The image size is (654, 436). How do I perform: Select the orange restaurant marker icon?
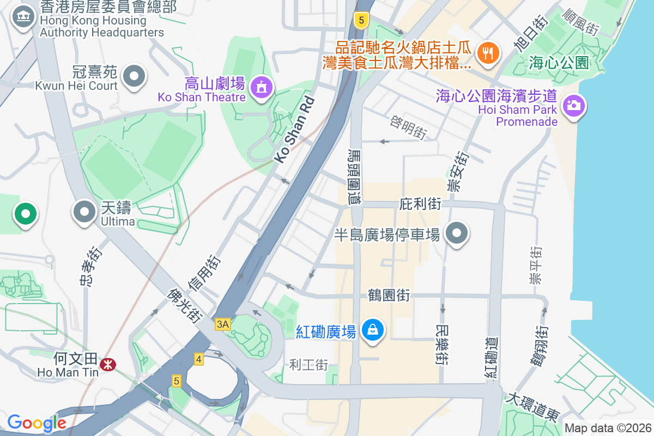pyautogui.click(x=486, y=53)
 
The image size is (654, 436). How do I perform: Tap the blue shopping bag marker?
pyautogui.click(x=372, y=330)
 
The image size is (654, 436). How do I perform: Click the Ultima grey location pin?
pyautogui.click(x=84, y=212)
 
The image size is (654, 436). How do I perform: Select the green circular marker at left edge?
pyautogui.click(x=25, y=213)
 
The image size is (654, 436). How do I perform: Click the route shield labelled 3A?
pyautogui.click(x=223, y=324)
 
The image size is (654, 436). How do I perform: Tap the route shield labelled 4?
pyautogui.click(x=198, y=359)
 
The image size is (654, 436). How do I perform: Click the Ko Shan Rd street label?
pyautogui.click(x=294, y=129)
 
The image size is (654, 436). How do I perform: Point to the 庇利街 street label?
pyautogui.click(x=420, y=204)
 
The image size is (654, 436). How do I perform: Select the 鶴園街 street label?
pyautogui.click(x=389, y=295)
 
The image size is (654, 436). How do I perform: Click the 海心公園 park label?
pyautogui.click(x=559, y=63)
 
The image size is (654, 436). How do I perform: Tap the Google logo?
pyautogui.click(x=37, y=423)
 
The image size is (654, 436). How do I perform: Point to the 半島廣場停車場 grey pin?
pyautogui.click(x=457, y=233)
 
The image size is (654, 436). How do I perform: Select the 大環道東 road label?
pyautogui.click(x=534, y=407)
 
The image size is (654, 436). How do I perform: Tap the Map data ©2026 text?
pyautogui.click(x=607, y=428)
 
